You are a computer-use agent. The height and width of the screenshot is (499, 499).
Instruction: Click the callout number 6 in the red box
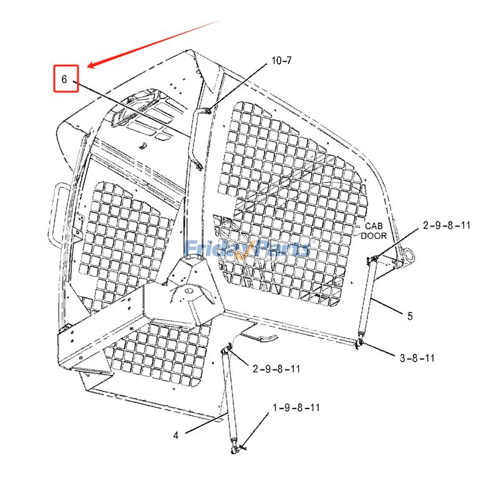click(65, 79)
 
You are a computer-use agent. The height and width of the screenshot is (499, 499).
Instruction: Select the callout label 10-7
click(281, 61)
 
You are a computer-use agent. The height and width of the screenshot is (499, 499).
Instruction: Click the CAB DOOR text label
click(375, 231)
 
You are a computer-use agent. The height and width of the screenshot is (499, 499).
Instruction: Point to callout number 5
click(410, 316)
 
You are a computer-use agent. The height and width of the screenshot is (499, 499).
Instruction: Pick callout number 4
click(176, 435)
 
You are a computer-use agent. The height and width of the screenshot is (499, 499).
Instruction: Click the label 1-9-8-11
click(296, 407)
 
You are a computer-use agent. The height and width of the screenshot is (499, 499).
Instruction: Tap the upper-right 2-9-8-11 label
click(447, 225)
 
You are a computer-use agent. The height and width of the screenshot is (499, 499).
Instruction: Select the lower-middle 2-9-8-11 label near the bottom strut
click(276, 369)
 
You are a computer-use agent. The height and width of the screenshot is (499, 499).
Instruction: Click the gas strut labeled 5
click(366, 302)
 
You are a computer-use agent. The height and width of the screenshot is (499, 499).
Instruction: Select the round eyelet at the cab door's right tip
click(410, 256)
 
